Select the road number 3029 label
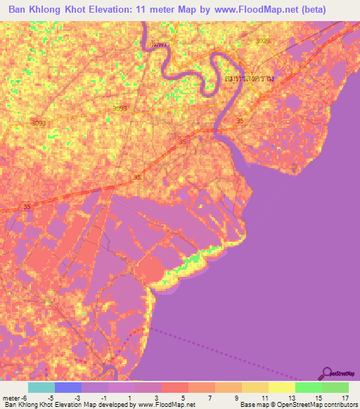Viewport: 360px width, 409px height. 263,41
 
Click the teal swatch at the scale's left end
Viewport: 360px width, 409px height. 41,387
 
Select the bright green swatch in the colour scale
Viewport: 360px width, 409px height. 309,387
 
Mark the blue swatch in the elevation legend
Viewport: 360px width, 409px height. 68,387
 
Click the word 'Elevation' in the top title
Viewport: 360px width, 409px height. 120,11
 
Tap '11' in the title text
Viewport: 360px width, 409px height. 156,11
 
